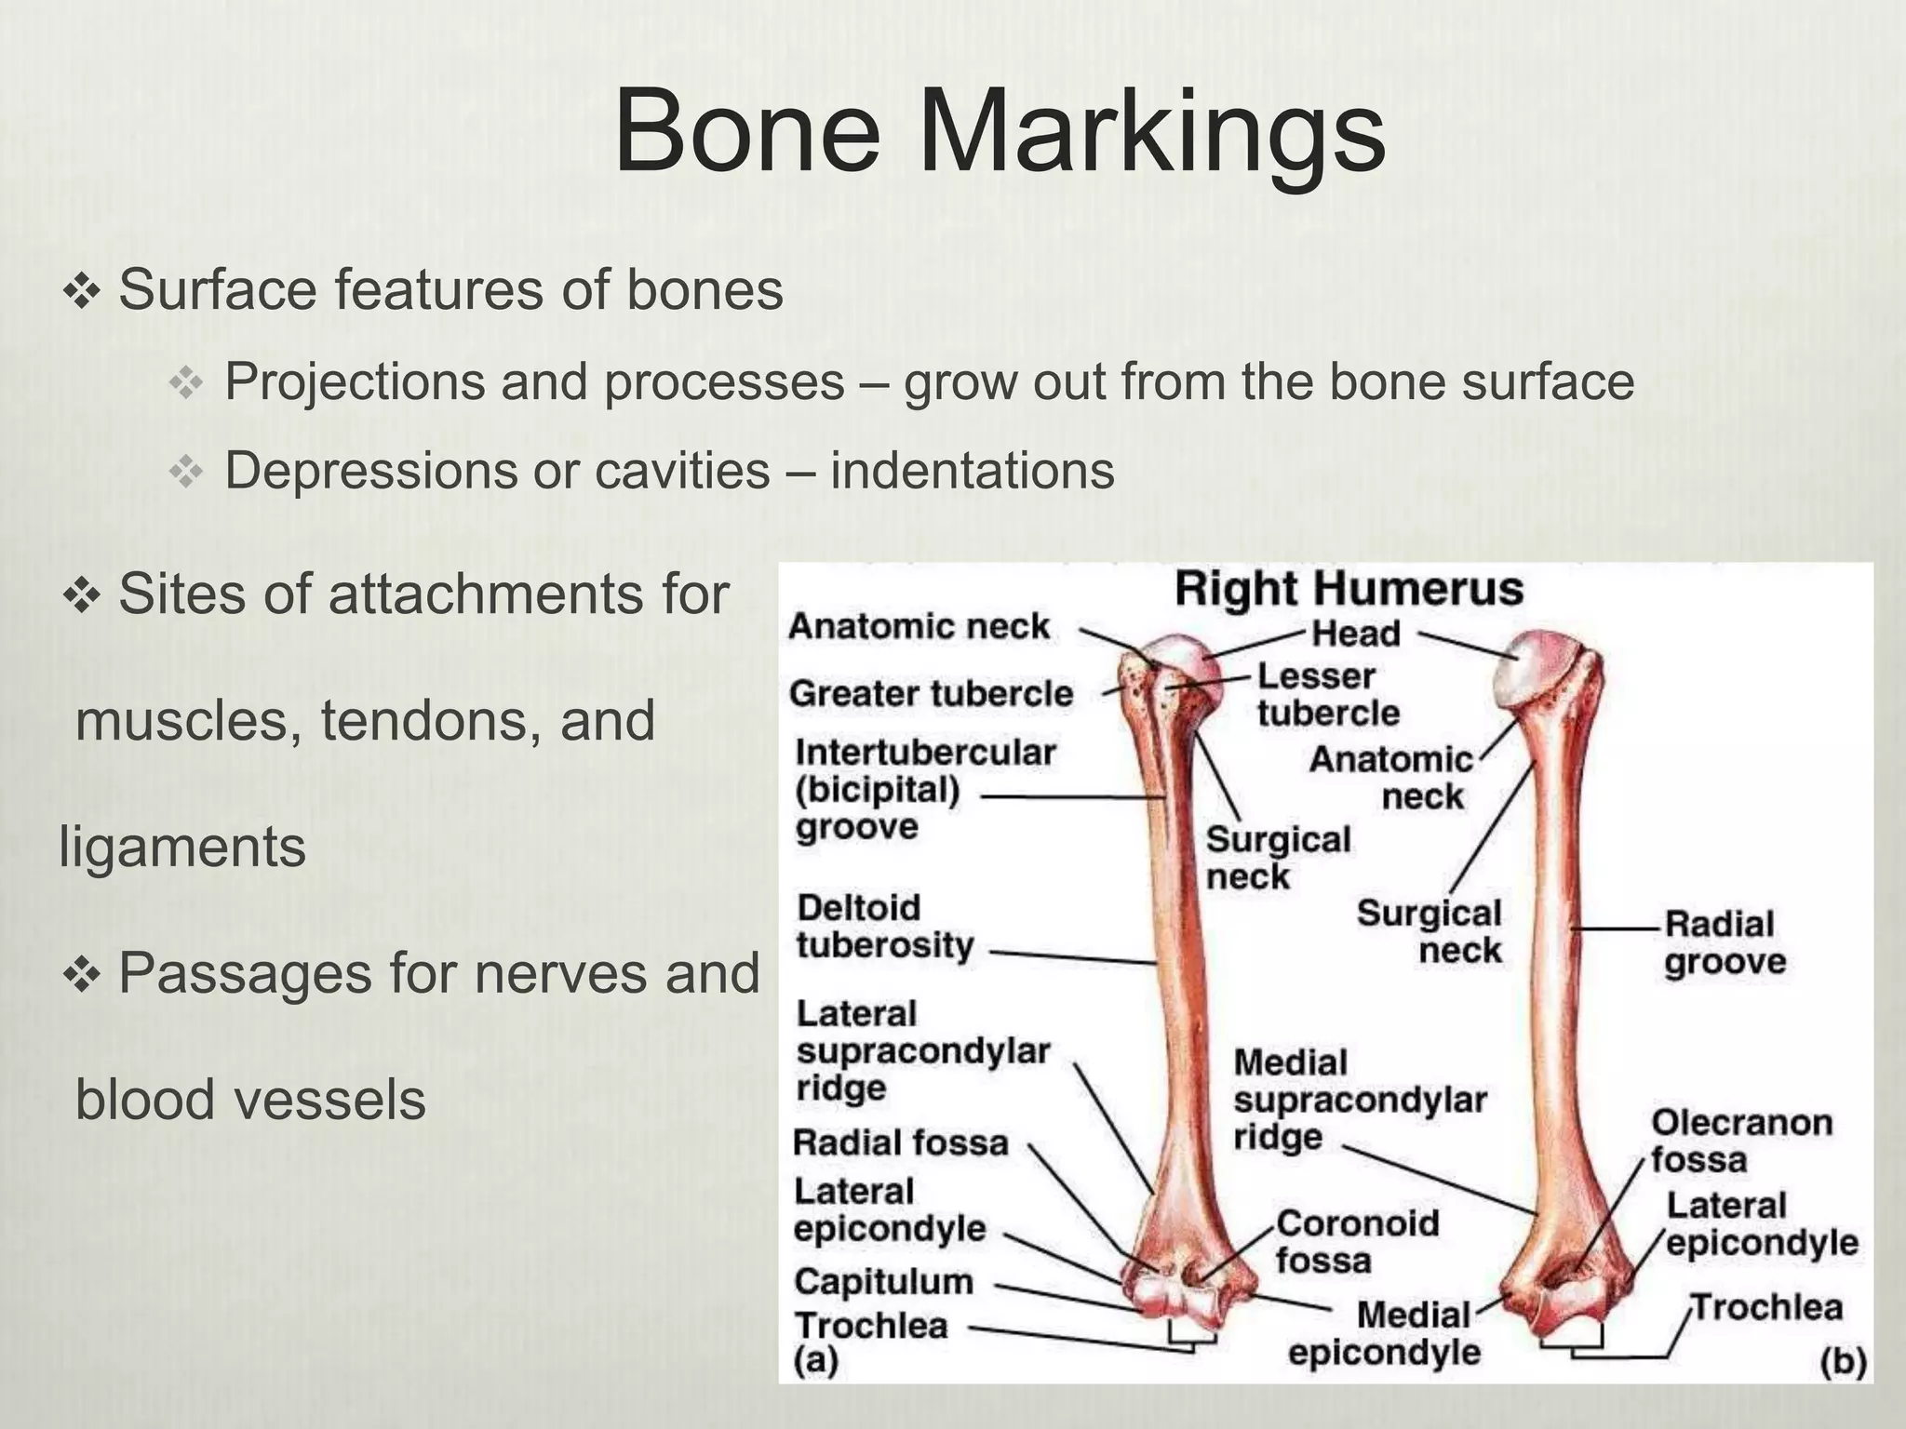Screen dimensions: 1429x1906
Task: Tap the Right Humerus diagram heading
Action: [1349, 589]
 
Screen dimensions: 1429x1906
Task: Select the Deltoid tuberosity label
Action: [885, 927]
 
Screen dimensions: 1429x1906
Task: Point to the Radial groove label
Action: [1724, 943]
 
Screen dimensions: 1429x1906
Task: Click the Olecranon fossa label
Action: [1740, 1141]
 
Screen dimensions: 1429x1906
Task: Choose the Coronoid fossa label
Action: [1357, 1242]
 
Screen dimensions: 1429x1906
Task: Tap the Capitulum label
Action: [883, 1282]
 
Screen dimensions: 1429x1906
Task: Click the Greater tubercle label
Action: [931, 693]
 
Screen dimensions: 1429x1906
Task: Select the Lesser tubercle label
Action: [1328, 694]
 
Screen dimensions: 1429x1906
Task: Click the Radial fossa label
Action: [900, 1142]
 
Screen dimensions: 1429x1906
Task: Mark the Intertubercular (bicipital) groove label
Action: [925, 789]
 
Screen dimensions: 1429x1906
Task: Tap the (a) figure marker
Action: [816, 1361]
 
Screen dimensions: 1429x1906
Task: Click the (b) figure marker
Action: [1843, 1363]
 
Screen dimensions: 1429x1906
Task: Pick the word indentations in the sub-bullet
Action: [972, 470]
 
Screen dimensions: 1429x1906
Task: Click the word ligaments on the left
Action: [182, 848]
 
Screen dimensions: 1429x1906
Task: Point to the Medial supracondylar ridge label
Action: [1360, 1100]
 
